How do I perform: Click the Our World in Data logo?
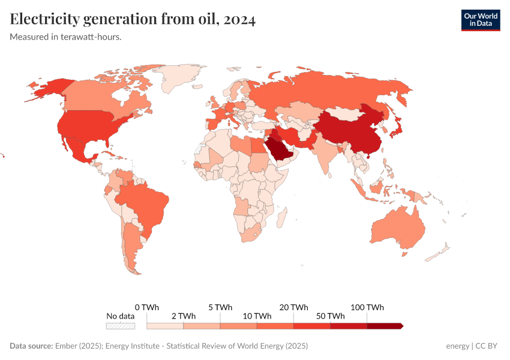480,19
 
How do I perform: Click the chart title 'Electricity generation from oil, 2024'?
133,20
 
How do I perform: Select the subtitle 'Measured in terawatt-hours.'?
66,37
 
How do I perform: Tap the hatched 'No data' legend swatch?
120,326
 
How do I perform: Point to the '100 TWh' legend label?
367,307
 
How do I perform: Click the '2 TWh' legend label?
183,316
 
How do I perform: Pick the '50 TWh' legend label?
330,316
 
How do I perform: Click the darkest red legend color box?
384,326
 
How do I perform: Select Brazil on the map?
144,204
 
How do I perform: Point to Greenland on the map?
180,75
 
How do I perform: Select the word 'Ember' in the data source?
66,346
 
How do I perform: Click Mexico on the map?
78,150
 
